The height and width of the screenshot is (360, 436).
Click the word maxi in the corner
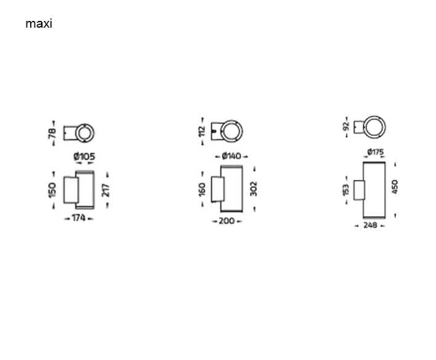pos(39,24)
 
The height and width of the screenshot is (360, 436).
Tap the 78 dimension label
pos(52,134)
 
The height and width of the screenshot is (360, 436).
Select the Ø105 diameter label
pos(84,156)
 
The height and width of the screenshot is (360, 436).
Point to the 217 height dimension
pos(106,190)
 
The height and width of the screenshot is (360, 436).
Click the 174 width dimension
pos(78,218)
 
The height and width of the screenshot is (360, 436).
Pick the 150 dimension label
pos(52,190)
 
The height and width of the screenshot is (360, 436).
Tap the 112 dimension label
pos(202,132)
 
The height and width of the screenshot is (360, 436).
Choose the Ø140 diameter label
pos(232,156)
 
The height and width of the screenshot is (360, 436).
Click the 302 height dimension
pos(253,188)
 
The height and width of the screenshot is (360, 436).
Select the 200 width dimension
pos(227,221)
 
